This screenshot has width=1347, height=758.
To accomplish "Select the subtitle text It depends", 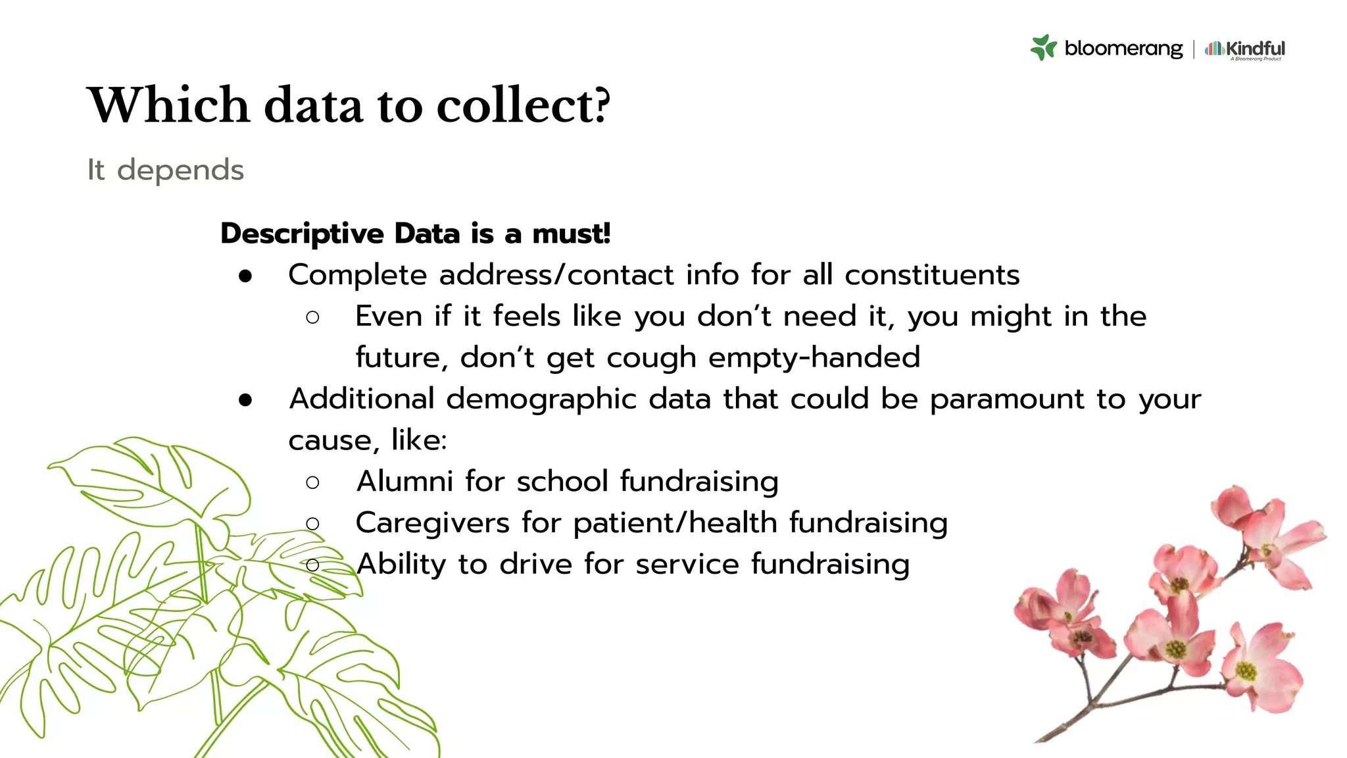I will click(x=166, y=170).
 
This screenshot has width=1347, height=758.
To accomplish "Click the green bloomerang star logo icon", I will click(x=1043, y=48).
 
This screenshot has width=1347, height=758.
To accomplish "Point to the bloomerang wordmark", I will click(x=1123, y=49).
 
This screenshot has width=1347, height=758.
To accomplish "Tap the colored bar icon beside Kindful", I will click(x=1213, y=48).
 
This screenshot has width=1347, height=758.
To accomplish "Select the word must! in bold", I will click(x=572, y=234).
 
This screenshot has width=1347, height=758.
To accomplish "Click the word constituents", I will click(x=932, y=275).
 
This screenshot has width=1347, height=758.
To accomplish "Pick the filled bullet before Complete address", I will click(x=246, y=277).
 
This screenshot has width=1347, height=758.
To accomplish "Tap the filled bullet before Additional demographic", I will click(x=246, y=400).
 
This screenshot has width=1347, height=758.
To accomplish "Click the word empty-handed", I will click(x=814, y=358).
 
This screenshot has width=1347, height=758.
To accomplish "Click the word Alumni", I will click(x=404, y=482).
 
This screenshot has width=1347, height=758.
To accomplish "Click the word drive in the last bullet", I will click(x=535, y=565).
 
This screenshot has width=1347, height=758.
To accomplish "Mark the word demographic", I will click(x=541, y=400).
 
